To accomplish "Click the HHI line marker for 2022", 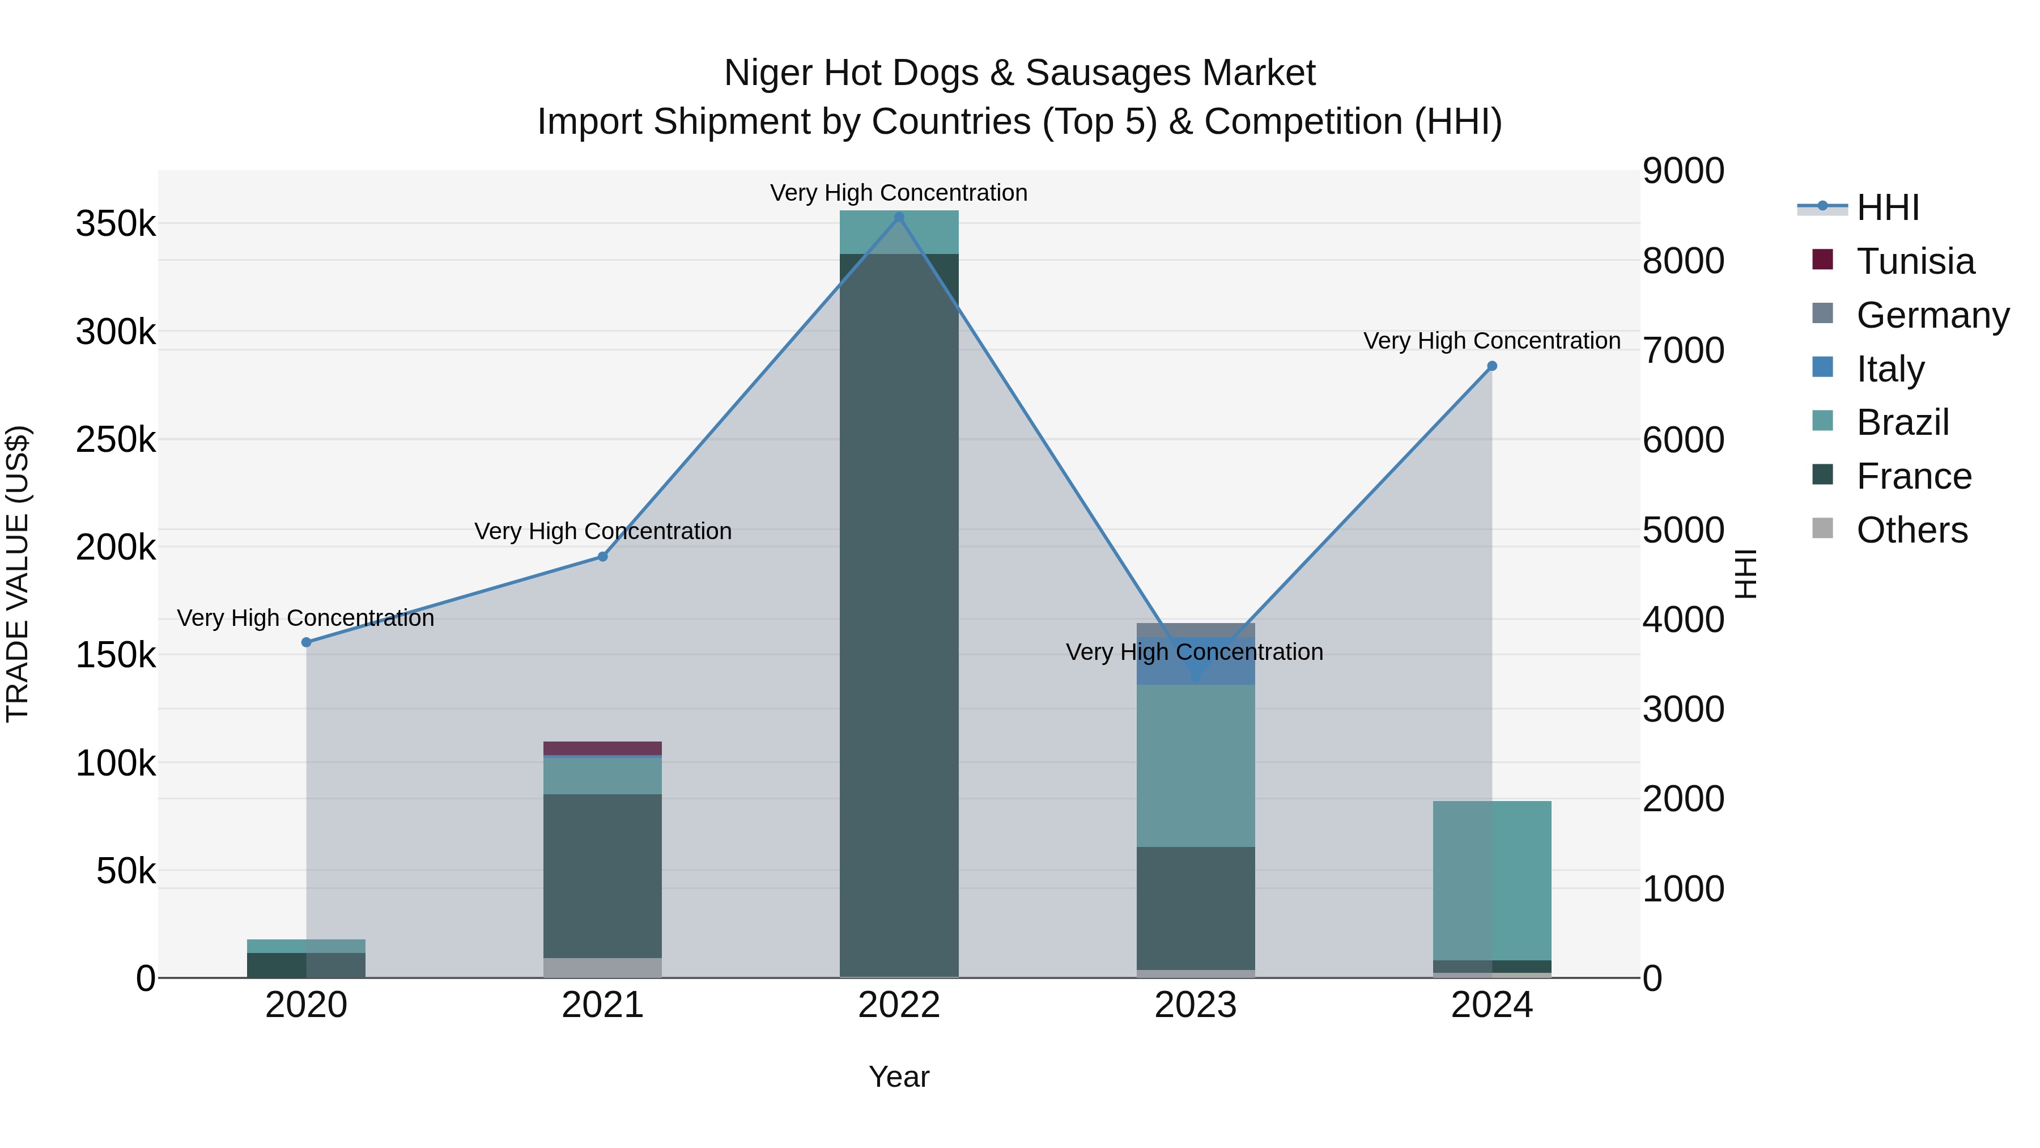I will (x=899, y=217).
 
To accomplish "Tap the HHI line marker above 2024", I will (x=1492, y=366).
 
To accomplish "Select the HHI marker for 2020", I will (x=307, y=642).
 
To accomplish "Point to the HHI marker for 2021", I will (x=603, y=557).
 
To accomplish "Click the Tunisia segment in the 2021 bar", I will (x=603, y=748).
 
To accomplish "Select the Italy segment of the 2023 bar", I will (x=1196, y=661).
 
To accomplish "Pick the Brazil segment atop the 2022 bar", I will (x=899, y=232).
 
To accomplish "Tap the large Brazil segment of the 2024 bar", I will (x=1492, y=879).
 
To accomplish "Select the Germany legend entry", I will (x=1932, y=315).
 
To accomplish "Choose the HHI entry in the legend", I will (x=1887, y=207).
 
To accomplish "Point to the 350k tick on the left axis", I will (x=116, y=224).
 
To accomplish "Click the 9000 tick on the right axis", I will (x=1683, y=171).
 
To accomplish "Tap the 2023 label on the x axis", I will (x=1195, y=1005).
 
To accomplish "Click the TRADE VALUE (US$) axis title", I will (x=18, y=574).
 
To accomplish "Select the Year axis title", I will (x=899, y=1077).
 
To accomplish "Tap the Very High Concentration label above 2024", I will (x=1492, y=341).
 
